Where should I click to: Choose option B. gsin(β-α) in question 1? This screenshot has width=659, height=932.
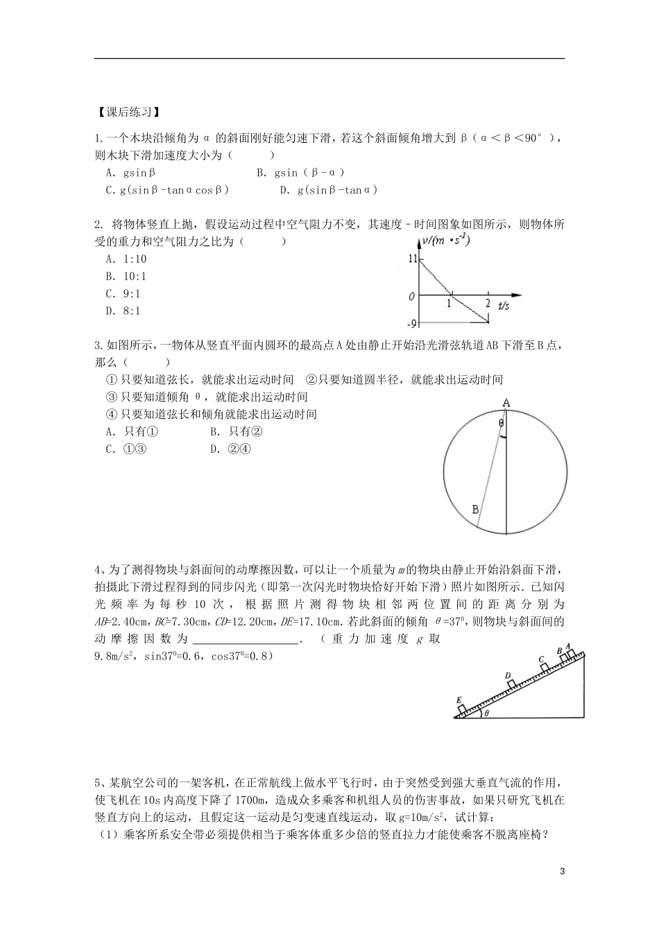[300, 173]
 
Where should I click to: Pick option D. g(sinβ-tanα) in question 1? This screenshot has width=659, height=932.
[328, 190]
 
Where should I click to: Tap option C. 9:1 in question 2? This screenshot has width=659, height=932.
[123, 294]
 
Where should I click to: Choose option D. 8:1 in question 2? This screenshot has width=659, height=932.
[123, 311]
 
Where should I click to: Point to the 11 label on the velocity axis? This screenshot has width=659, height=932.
[413, 259]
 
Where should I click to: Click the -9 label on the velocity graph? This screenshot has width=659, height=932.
[412, 323]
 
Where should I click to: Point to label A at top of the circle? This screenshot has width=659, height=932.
[506, 403]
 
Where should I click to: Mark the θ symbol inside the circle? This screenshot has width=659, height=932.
[501, 422]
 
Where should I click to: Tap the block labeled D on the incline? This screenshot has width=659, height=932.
[512, 684]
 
